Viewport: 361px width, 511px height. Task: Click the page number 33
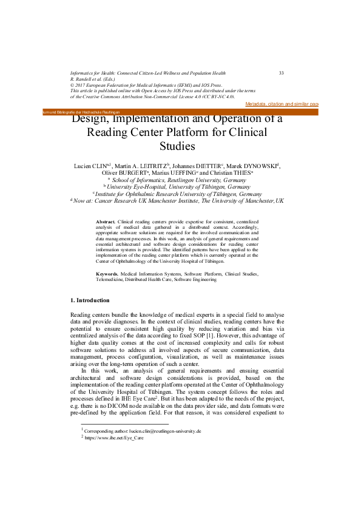click(282, 73)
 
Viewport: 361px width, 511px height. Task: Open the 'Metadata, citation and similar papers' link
click(282, 104)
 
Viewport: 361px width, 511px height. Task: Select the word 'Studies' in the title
click(177, 146)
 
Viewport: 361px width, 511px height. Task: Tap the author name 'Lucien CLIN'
click(89, 165)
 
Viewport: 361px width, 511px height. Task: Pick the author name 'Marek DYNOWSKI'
click(253, 165)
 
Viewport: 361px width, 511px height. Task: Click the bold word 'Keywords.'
click(108, 274)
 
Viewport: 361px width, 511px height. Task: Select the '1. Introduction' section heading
click(90, 300)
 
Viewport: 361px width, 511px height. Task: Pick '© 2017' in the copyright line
click(82, 85)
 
